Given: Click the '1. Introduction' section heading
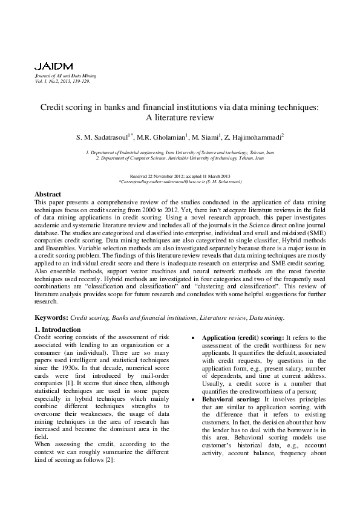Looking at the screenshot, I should [x=58, y=329].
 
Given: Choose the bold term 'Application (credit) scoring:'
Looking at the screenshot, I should [x=242, y=337].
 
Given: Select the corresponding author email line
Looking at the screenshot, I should [x=180, y=181].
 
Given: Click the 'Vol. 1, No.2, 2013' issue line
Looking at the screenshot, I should [x=62, y=80].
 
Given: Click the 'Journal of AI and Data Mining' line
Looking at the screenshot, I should [x=62, y=76].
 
